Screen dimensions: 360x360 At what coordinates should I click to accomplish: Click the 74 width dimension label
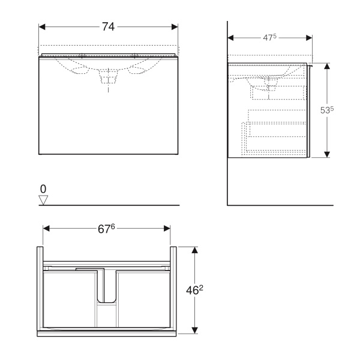pos(108,26)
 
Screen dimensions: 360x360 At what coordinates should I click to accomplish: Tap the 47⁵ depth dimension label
pos(269,37)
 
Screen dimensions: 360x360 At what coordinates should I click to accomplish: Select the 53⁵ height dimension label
pos(327,110)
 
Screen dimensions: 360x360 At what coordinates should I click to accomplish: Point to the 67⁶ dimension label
pos(106,229)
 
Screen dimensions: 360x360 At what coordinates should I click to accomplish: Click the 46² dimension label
pos(194,290)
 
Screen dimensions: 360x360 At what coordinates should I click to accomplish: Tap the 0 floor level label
pos(43,189)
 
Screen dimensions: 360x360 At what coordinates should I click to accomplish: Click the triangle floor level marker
pos(43,200)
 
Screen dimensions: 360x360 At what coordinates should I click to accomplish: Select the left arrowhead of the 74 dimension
pos(42,27)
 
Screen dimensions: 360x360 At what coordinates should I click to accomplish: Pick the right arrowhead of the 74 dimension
pos(175,27)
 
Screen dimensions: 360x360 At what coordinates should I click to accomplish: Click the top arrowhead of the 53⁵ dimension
pos(327,66)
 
